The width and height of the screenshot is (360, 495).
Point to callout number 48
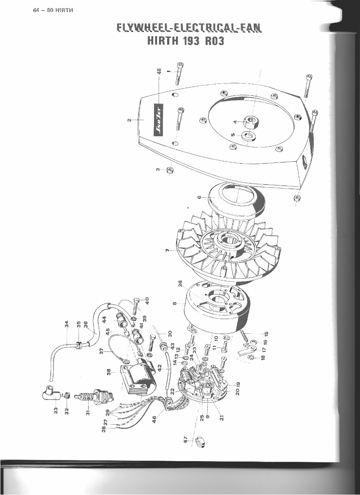(x=159, y=73)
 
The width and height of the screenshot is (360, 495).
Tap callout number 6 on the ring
(x=199, y=197)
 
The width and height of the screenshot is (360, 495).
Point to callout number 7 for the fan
(x=167, y=250)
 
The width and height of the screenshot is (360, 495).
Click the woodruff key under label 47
(x=199, y=442)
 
